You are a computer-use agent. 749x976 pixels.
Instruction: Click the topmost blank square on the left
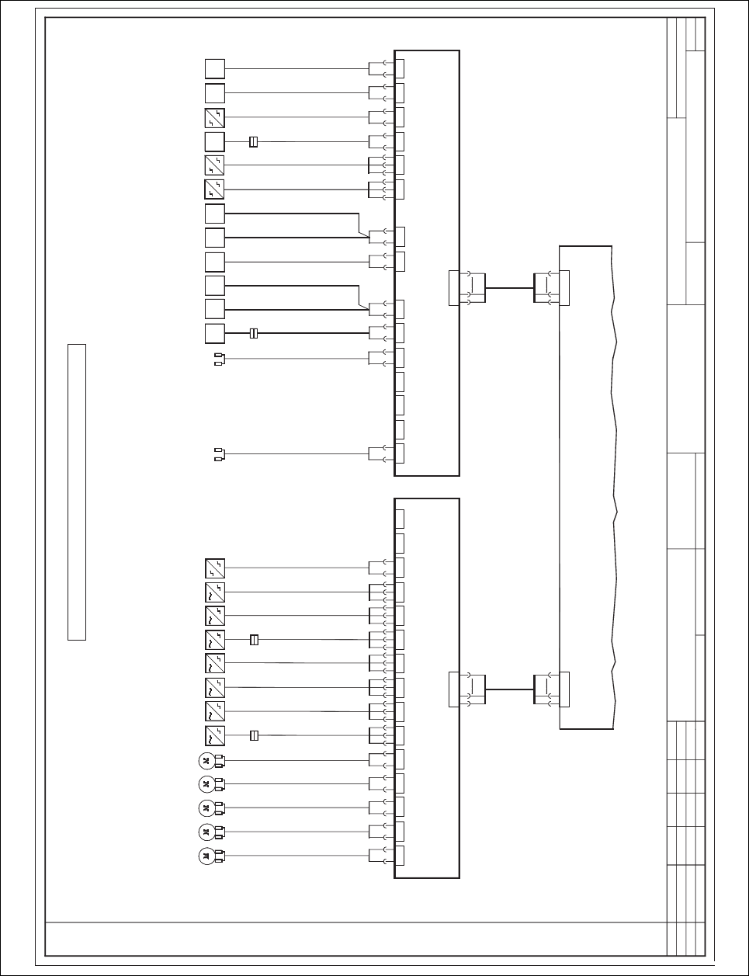coord(215,69)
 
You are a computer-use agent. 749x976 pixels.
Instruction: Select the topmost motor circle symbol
coord(206,760)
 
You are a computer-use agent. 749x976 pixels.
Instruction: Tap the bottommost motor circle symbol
coord(206,856)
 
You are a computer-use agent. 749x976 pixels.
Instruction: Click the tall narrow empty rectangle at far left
coord(76,491)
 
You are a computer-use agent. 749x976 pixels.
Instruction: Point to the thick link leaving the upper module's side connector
coord(509,287)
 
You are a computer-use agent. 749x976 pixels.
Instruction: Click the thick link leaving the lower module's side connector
coord(509,689)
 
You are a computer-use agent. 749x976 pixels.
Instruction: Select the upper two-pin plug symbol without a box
coord(219,359)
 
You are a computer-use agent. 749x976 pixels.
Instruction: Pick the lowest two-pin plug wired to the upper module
coord(219,453)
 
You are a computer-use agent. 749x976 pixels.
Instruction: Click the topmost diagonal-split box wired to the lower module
coord(215,568)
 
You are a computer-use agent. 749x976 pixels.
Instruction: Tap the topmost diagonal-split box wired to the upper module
coord(215,118)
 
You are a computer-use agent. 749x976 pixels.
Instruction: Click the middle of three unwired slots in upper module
coord(400,405)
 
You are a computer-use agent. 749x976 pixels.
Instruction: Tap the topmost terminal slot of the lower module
coord(400,519)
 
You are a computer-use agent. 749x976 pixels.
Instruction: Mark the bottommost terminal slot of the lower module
coord(400,856)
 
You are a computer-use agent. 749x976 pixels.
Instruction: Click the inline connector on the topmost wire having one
coord(253,142)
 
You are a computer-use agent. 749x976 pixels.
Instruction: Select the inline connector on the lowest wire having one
coord(254,735)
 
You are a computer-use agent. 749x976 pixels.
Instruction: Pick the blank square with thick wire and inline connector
coord(215,334)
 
